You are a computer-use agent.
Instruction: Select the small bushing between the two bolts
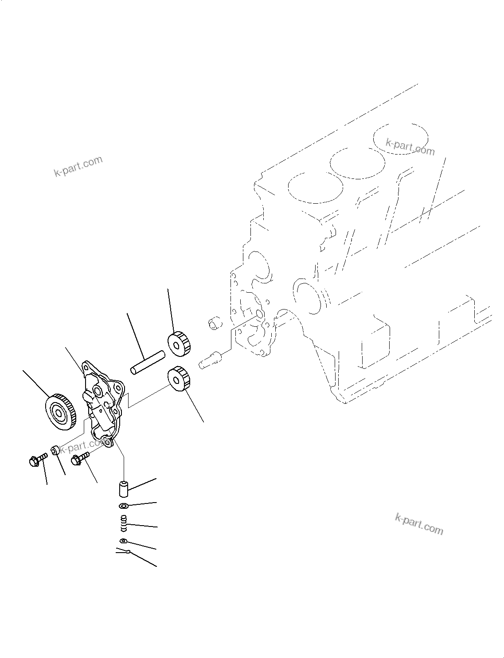coord(55,450)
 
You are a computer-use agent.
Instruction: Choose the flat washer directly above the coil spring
coord(124,506)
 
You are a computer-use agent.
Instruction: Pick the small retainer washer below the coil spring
coord(123,541)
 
